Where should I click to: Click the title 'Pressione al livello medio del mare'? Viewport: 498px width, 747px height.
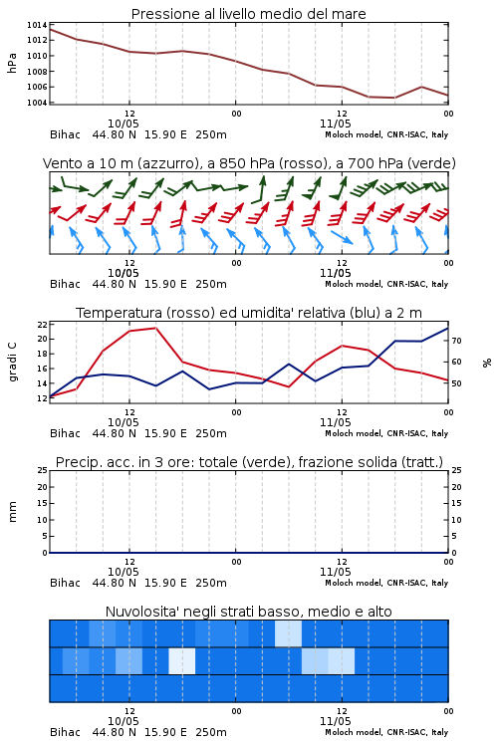coord(248,14)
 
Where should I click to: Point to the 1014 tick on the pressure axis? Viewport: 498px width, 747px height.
coord(37,25)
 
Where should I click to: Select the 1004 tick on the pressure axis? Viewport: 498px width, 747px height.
coord(37,103)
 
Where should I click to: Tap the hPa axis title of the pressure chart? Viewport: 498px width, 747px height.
coord(12,63)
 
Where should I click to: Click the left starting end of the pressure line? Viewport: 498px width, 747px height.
coord(50,29)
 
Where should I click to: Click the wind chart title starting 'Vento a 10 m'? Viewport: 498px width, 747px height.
coord(249,163)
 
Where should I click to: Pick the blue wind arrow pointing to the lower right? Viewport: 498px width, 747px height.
coord(342,237)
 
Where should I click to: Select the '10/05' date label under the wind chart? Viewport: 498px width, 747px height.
coord(123,273)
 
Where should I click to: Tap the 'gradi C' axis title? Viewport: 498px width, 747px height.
coord(12,363)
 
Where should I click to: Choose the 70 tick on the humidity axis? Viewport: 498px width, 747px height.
coord(456,341)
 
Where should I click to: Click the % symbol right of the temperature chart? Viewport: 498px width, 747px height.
coord(487,363)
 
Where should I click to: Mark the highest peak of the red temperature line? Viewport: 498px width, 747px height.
coord(155,328)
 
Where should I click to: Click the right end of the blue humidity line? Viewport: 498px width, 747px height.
coord(448,328)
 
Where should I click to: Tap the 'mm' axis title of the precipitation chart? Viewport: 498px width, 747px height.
coord(12,512)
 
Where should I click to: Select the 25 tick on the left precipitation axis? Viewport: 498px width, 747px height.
coord(43,470)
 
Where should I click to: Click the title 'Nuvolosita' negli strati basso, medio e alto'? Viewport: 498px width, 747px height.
coord(248,612)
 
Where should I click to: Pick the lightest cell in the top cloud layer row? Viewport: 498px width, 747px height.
coord(288,633)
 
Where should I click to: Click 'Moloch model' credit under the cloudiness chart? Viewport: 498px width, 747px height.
coord(353,732)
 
